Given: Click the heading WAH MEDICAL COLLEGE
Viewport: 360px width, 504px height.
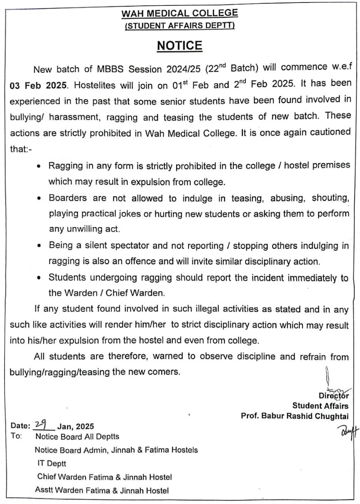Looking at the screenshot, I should (180, 14).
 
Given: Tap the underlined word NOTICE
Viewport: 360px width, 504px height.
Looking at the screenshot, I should (179, 45).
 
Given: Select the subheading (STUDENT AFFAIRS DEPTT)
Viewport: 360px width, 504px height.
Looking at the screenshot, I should (180, 26).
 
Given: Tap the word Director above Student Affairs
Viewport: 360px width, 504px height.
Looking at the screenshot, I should (333, 395).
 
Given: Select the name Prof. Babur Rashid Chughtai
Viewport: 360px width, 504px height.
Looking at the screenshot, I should (294, 416).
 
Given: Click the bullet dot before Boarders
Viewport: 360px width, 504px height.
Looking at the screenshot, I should (39, 199).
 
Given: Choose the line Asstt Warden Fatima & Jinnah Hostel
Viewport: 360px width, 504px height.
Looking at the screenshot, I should (102, 491).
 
